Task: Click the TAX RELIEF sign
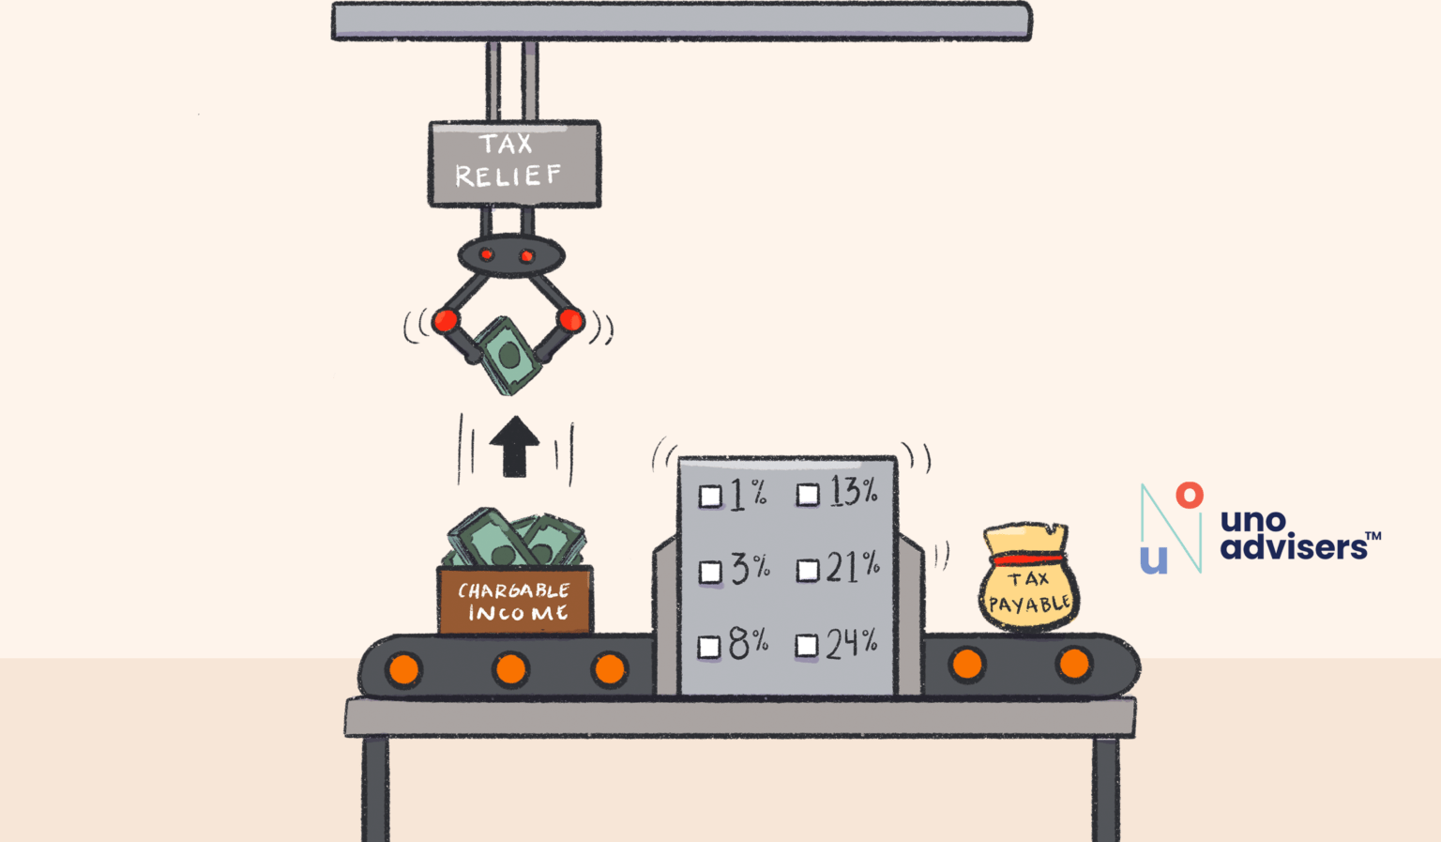coord(514,162)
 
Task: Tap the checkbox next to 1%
coord(710,497)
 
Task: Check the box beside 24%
coord(806,646)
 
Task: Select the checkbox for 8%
coord(709,647)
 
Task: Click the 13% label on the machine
coord(853,492)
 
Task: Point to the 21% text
coord(852,567)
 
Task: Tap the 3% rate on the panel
coord(750,568)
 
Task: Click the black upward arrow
coord(514,446)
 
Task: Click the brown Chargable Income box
coord(515,601)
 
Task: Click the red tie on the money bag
coord(1027,559)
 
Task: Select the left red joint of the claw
coord(446,321)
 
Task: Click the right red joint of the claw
coord(570,320)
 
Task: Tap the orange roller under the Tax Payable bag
coord(1073,664)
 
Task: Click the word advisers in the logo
coord(1293,547)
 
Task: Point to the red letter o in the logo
coord(1190,495)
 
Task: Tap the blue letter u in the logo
coord(1154,559)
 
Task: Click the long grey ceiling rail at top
coord(682,22)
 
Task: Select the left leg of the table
coord(375,788)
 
